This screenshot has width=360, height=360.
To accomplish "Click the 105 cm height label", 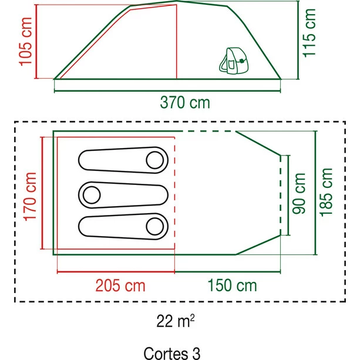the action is (25, 42).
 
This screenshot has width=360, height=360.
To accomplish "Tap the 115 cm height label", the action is (309, 33).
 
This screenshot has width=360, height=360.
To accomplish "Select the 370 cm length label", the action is (185, 103).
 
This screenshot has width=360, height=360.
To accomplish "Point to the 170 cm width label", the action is (30, 197).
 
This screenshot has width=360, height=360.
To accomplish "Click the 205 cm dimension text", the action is (120, 285).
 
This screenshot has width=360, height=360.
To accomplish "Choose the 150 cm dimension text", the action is (232, 285).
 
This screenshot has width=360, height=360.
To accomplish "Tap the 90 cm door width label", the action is (299, 194).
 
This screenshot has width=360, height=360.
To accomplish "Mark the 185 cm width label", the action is (326, 193).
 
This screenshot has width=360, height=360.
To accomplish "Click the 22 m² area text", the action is (176, 321).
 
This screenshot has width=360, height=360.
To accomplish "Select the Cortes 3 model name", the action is (172, 353).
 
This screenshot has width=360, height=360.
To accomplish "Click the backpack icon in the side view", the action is (234, 61).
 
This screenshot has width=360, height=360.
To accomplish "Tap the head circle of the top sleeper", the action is (155, 160).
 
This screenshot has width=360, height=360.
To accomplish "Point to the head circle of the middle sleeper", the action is (92, 195).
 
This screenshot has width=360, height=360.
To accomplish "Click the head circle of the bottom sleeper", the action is (155, 226).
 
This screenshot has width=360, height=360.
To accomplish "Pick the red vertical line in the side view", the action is (177, 42).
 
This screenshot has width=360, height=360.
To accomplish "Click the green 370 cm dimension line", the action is (167, 91).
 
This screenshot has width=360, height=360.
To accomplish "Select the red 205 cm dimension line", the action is (116, 272).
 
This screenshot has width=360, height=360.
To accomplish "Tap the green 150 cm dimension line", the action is (227, 272).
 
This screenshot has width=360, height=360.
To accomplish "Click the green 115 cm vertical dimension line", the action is (298, 40).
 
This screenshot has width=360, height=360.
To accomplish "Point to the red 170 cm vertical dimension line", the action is (42, 193).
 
